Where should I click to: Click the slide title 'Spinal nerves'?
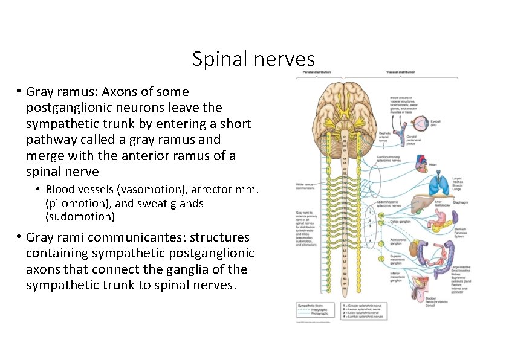click(x=253, y=59)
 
